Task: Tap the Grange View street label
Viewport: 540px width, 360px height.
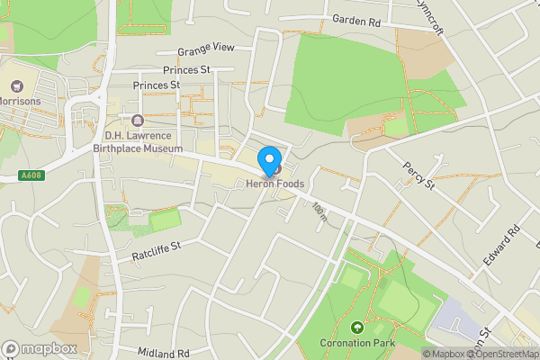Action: pos(205,49)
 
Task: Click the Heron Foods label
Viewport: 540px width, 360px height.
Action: pos(275,184)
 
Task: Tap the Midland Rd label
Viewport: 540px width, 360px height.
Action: pos(164,354)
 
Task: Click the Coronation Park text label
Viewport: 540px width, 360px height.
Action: pos(357,343)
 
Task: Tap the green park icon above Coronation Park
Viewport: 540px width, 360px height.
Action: pos(357,328)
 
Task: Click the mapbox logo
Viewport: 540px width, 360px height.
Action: pos(39,348)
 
